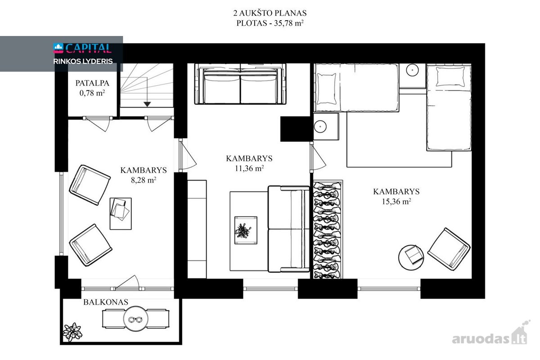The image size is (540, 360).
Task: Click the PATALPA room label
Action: [92, 83]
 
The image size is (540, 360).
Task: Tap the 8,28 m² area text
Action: [144, 180]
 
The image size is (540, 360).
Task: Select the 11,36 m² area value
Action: [249, 168]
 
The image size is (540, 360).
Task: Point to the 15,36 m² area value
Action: [396, 201]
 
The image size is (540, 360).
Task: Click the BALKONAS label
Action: [106, 302]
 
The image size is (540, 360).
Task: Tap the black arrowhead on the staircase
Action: [147, 104]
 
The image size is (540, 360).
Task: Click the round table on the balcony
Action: [136, 319]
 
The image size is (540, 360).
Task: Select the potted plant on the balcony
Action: [72, 332]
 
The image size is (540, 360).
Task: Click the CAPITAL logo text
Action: [88, 48]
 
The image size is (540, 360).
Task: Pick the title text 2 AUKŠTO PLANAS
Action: [270, 13]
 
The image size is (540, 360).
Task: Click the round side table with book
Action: [411, 257]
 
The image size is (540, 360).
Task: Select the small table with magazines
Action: [121, 214]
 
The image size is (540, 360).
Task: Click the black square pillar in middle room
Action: [295, 129]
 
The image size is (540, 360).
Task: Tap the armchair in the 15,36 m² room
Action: [449, 249]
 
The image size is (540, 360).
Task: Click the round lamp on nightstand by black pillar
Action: [320, 126]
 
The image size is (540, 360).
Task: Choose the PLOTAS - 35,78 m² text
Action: [270, 23]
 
